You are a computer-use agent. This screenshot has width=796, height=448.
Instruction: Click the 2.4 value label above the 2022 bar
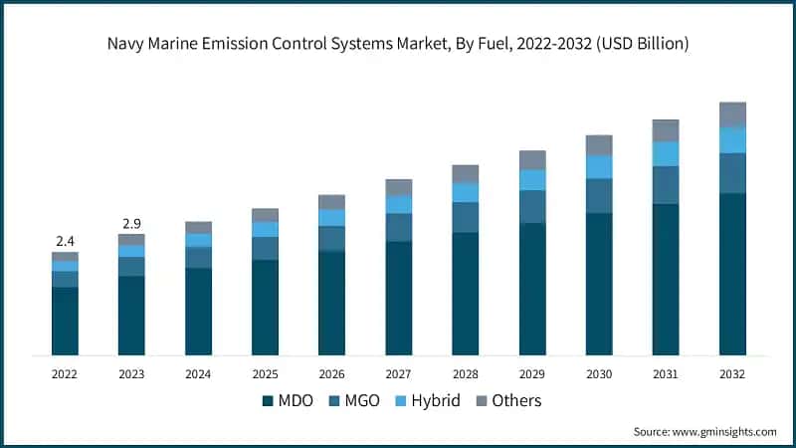[65, 241]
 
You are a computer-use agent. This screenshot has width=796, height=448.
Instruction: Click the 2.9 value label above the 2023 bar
[131, 223]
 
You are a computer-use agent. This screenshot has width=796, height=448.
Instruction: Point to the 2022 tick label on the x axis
[65, 374]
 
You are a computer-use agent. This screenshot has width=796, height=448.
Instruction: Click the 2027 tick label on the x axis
[398, 374]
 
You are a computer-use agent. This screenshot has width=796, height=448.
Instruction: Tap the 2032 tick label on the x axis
[732, 374]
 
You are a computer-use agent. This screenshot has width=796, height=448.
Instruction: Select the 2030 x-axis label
[599, 374]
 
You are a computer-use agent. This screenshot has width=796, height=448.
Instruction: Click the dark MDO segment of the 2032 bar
[732, 274]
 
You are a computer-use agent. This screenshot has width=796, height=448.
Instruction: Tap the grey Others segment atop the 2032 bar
[732, 114]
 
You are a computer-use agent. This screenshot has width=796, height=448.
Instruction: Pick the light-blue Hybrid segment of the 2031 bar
[666, 153]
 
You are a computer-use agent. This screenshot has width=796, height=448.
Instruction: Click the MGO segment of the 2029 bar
[532, 206]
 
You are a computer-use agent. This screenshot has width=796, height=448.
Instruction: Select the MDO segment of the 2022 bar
[65, 321]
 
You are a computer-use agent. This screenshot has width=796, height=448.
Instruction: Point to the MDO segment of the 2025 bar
[265, 308]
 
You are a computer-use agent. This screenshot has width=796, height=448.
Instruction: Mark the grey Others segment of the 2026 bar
[331, 202]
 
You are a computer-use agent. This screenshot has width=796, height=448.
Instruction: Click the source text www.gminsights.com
[723, 431]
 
